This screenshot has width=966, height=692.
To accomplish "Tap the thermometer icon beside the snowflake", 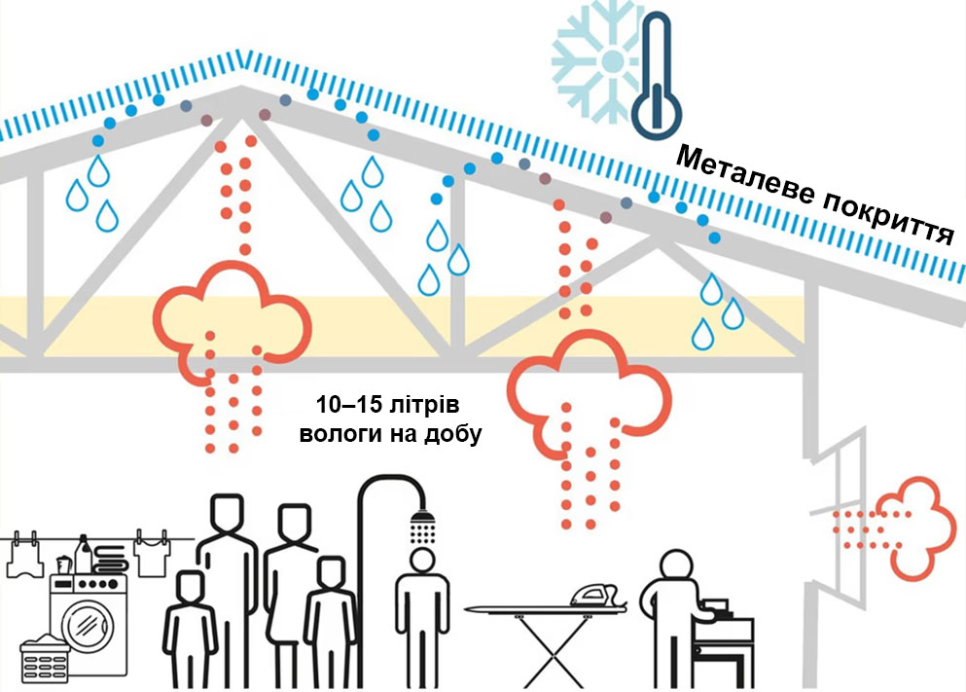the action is pos(658,77).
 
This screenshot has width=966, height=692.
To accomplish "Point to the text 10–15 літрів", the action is pos(387,406).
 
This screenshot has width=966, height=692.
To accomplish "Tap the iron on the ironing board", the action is pos(597,595).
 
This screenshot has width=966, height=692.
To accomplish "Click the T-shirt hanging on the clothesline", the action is pos(152,554).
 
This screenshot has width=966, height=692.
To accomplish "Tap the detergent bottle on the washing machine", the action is pos(83,555).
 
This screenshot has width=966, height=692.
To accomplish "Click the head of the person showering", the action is pos(422,561).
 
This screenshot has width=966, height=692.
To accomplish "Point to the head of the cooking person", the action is pos(676,565).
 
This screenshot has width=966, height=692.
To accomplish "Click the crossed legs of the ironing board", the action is pos(554,651).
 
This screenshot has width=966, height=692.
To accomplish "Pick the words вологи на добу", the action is pos(391,434).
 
